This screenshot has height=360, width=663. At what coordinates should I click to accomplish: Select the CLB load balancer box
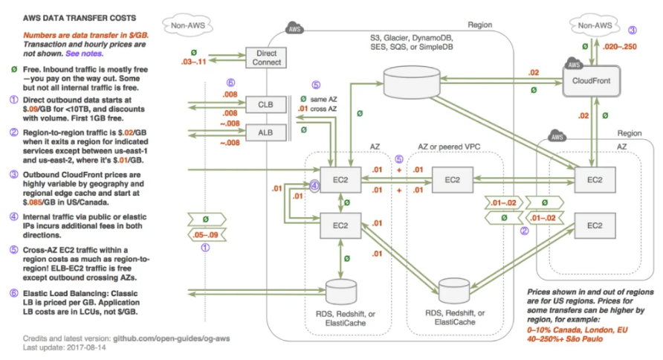[x=266, y=103]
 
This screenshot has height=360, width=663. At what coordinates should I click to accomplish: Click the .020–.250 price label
[x=619, y=46]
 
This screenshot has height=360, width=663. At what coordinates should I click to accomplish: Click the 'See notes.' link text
[x=84, y=54]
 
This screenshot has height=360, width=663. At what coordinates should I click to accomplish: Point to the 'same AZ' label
[x=323, y=99]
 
